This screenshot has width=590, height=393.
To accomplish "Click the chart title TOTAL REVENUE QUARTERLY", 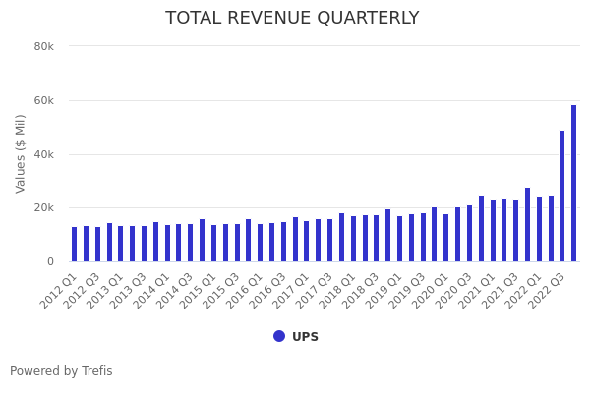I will pos(292,19).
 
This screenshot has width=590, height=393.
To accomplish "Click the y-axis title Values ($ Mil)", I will pos(21,153).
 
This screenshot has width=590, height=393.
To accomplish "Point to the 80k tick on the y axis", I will pos(43,46).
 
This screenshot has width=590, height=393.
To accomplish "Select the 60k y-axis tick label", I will pos(43,100).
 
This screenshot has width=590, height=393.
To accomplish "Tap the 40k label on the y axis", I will pos(43,154).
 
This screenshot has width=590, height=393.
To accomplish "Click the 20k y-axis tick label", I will pos(43,208).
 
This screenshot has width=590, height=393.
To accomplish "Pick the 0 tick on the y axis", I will pos(49,261).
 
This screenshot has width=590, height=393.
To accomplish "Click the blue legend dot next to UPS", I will pos(279,336).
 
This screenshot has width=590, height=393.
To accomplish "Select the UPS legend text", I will pos(305,337).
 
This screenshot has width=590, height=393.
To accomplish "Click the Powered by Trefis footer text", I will pos(61,371).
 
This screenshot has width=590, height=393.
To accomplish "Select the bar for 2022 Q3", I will pos(562,196).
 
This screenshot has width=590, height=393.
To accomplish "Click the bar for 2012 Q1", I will pos(74,245).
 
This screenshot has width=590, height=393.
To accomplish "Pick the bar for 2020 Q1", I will pos(446,238).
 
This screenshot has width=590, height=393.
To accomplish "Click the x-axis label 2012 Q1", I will pos(59,291).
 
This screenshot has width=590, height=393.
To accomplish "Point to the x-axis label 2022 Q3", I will pos(547,291).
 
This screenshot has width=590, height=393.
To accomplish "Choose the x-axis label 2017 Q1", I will pos(291,291).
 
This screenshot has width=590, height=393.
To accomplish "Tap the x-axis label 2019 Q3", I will pos(407,291).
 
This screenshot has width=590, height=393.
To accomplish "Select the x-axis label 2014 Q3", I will pos(175,291).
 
